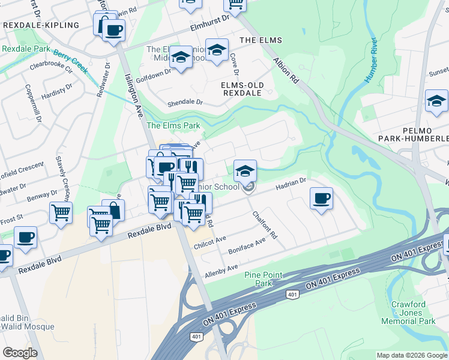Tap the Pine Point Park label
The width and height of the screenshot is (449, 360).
(263, 279)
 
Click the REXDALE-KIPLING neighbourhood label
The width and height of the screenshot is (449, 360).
(41, 25)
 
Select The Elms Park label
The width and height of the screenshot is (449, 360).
(173, 125)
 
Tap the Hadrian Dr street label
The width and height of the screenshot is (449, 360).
(291, 183)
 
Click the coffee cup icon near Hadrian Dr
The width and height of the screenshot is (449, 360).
(322, 198)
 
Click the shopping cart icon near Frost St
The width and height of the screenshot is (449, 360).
(61, 212)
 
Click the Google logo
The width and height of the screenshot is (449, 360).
(20, 353)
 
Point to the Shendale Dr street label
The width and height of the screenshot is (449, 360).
(182, 102)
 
